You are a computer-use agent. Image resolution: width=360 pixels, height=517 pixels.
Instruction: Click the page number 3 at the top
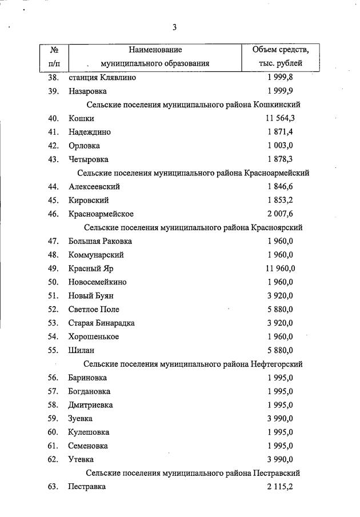(x=175, y=27)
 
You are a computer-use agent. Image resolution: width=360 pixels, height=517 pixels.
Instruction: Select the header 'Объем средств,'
(x=281, y=50)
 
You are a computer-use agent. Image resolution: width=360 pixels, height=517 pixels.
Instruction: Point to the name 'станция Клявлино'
(x=102, y=77)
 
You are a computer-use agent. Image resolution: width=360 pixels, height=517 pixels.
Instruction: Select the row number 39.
(x=54, y=91)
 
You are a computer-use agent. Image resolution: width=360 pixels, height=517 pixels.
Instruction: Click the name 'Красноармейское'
(x=101, y=214)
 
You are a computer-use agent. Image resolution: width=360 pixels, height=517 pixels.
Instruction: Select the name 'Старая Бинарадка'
(x=101, y=323)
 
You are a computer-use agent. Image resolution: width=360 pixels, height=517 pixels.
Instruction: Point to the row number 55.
(x=54, y=350)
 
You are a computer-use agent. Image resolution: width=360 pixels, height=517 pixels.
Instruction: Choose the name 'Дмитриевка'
(x=90, y=405)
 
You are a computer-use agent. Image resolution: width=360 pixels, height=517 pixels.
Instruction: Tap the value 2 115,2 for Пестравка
(x=279, y=487)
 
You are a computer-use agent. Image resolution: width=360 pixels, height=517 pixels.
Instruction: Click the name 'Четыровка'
(x=88, y=159)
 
